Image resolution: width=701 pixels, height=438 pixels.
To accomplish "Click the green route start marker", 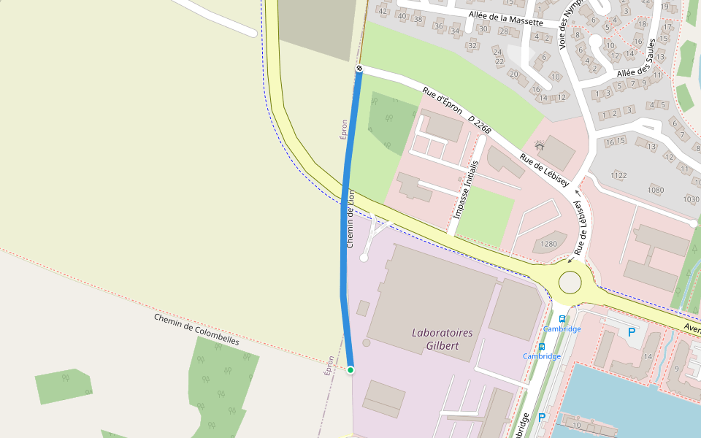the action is coord(350,370).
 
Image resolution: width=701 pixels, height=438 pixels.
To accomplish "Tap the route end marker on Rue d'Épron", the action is coord(359,68).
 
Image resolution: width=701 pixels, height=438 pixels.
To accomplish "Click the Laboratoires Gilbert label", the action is coord(443,339).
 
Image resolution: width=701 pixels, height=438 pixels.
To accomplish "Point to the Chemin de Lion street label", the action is coord(350,218).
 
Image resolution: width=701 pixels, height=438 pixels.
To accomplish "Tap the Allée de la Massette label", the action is coord(505,18).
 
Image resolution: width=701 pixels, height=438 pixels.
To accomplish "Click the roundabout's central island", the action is coord(570,282).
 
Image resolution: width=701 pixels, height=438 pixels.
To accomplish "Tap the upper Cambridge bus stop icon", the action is coord(562,319).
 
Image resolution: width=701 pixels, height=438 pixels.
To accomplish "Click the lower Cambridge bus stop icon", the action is coord(542,346).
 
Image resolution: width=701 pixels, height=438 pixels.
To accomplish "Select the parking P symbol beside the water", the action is coord(541,418).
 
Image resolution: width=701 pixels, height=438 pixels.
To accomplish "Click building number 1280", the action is coord(548,244).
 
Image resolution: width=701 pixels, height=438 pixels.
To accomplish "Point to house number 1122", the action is coord(618,175).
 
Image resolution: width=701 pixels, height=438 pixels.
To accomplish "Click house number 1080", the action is coord(655,190).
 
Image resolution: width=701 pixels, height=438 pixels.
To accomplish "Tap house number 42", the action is coord(383,10).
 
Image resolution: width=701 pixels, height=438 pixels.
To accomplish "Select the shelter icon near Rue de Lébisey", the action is coord(540,146).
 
